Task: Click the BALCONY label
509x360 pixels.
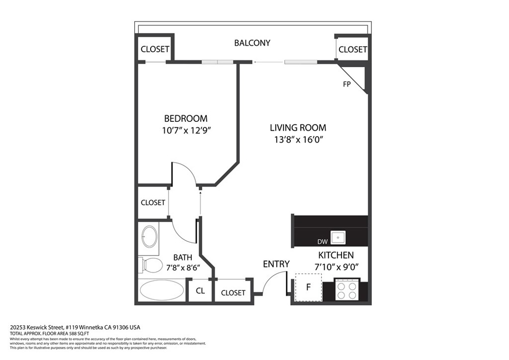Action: (252, 43)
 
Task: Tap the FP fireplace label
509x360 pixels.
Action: (346, 84)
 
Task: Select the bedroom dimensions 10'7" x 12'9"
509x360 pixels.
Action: (187, 130)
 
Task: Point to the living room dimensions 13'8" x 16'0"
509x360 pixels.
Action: (298, 140)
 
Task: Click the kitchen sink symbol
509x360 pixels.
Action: (338, 238)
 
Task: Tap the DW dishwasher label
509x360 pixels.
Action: (322, 242)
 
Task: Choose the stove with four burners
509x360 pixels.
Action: (347, 289)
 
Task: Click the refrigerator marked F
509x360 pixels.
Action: (308, 287)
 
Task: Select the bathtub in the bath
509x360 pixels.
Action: (162, 290)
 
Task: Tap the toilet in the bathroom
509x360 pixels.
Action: (150, 265)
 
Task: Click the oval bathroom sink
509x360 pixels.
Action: (150, 237)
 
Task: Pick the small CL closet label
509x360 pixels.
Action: (200, 290)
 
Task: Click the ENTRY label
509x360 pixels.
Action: (276, 264)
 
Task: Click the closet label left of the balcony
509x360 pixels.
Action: (155, 49)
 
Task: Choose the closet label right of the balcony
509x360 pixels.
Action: (353, 49)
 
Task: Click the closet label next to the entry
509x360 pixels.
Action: (233, 293)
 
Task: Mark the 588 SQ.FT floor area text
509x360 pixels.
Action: (79, 333)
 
